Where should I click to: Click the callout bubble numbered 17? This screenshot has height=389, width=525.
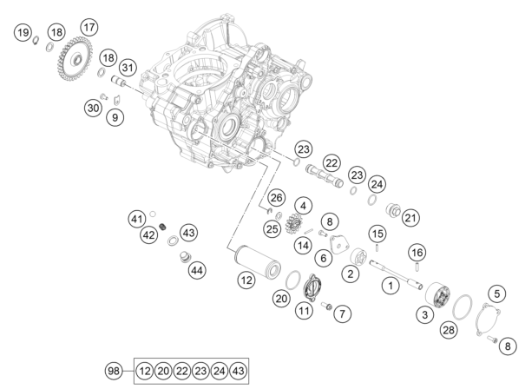[89, 27]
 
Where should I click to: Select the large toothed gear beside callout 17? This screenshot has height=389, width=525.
[75, 59]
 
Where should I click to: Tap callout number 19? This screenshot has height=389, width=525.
[23, 32]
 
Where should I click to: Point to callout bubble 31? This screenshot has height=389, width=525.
[128, 68]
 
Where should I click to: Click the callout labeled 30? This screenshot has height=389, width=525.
[93, 108]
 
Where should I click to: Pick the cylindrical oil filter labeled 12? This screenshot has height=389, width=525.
[257, 262]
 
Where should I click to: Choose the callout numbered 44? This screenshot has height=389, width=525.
[197, 270]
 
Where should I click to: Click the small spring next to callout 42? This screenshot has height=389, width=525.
[163, 227]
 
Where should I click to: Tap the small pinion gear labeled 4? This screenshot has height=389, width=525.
[293, 224]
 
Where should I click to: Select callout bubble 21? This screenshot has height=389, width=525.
[410, 218]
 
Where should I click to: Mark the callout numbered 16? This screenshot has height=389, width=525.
[417, 253]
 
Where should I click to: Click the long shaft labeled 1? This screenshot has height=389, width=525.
[396, 274]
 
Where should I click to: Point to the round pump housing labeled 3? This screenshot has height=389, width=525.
[438, 295]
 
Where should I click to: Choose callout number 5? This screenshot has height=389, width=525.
[497, 293]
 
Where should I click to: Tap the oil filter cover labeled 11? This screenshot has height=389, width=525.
[312, 287]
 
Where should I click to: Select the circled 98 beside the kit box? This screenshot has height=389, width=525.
[114, 371]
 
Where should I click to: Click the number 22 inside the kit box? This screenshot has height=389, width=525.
[182, 371]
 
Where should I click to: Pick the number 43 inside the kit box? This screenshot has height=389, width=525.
[238, 371]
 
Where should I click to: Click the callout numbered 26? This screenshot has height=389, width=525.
[276, 198]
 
